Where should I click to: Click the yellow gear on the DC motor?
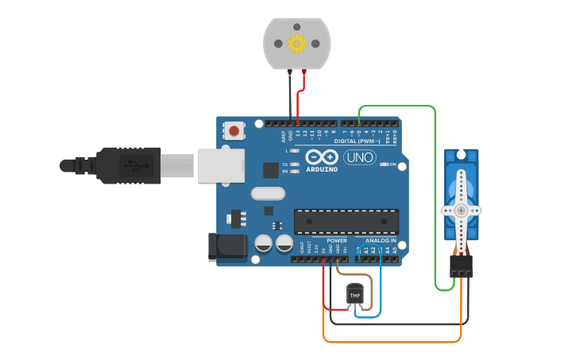point(296,43)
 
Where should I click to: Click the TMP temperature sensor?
point(355,295)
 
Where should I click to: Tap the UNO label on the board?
point(360,158)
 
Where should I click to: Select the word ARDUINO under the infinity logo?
point(321,168)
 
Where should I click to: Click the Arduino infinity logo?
point(321,157)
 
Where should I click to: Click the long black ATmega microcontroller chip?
point(346,222)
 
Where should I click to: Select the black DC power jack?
point(226,247)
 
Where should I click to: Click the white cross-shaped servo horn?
point(461,210)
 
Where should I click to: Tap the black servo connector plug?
point(461,265)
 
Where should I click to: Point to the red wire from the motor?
point(300,99)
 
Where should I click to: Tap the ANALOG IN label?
point(381,240)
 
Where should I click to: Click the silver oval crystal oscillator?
point(267,193)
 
